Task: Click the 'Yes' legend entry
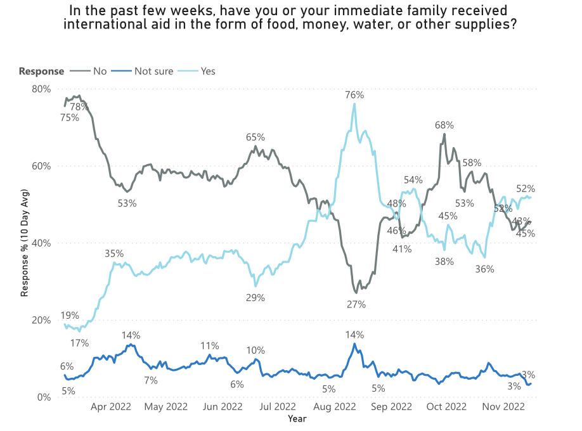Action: pos(208,71)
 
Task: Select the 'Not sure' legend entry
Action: pos(153,71)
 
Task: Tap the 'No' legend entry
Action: pos(100,71)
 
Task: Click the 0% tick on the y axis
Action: pos(43,397)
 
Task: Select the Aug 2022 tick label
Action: pos(335,408)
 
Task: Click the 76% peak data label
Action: pos(354,95)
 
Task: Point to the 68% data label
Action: pos(444,125)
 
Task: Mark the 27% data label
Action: pos(356,304)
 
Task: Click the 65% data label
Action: pos(255,138)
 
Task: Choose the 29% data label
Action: pos(255,297)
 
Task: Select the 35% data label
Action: pos(114,254)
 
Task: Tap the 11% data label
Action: pos(210,346)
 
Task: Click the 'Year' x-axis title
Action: pos(297,418)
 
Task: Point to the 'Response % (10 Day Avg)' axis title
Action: pos(25,243)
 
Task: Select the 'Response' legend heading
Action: pos(41,71)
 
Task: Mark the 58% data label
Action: pos(472,163)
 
